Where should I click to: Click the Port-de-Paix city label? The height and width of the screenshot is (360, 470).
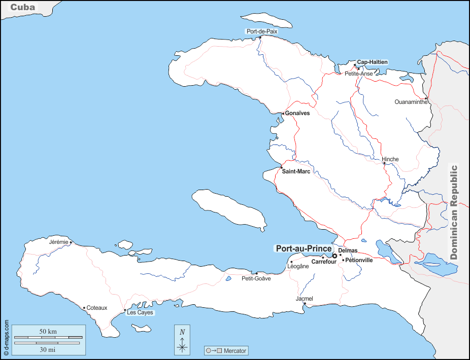261,31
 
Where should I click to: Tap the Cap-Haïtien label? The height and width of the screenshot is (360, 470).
372,62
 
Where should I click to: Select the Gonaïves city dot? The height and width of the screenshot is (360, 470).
283,114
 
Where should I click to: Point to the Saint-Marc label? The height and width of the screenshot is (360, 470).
296,171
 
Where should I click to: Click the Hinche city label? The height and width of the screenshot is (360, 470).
390,159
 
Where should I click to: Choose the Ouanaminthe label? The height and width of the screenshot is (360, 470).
411,102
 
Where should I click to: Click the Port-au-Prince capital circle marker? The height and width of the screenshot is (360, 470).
334,256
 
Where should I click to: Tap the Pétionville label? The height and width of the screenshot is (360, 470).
359,260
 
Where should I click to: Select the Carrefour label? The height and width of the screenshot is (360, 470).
324,262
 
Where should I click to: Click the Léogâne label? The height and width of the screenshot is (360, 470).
298,266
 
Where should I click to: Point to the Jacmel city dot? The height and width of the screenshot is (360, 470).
305,304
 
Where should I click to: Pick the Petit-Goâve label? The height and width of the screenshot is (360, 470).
256,278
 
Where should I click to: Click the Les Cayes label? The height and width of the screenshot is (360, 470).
140,313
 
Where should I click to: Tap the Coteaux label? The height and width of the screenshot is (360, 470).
97,308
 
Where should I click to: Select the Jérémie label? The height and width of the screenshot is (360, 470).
58,242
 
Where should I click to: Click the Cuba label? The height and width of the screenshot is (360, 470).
23,7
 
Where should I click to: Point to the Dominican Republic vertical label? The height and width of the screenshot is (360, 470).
454,212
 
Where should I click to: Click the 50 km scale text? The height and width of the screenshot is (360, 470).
48,332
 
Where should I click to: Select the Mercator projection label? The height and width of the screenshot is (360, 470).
234,350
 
